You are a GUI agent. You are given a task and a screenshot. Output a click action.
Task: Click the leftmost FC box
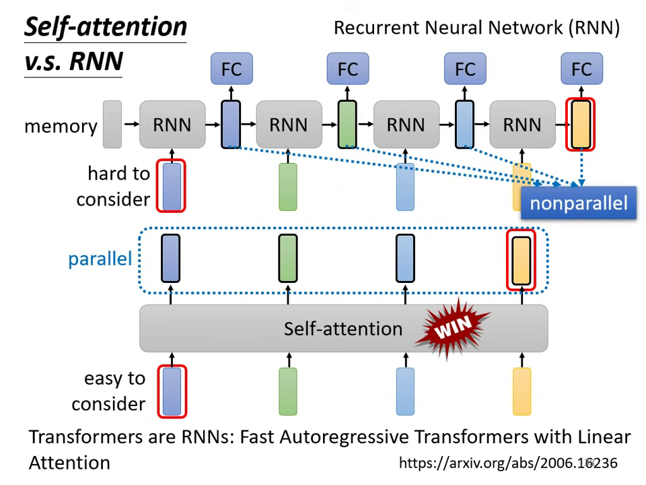[x=231, y=69]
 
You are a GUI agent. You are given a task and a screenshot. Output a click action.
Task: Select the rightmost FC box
[x=581, y=69]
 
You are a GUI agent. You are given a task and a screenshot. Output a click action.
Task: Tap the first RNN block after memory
[x=172, y=125]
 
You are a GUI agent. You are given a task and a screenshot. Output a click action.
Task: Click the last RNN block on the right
[x=522, y=125]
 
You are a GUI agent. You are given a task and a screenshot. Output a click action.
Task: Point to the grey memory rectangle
[x=112, y=125]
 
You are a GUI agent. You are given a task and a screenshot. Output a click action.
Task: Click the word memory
[x=61, y=126]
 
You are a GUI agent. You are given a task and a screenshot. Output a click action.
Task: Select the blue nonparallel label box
[x=579, y=203]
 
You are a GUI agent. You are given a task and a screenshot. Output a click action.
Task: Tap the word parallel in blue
[x=100, y=259]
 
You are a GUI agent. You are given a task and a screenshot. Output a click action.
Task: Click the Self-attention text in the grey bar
[x=343, y=329]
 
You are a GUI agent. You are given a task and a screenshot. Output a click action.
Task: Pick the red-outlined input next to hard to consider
[x=171, y=186]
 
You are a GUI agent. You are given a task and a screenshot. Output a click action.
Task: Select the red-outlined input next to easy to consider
[x=172, y=391]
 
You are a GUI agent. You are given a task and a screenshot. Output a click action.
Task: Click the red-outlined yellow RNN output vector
[x=581, y=124]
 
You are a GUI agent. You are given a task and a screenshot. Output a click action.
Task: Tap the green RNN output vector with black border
[x=347, y=124]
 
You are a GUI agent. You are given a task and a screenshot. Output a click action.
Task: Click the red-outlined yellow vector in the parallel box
[x=522, y=259]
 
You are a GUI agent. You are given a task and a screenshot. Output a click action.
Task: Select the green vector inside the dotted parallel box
[x=288, y=259]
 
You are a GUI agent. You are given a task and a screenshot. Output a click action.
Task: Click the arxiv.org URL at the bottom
[x=507, y=463]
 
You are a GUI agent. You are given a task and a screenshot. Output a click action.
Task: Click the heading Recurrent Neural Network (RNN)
[x=476, y=28]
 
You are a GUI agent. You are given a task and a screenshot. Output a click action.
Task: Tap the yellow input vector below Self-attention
[x=522, y=391]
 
